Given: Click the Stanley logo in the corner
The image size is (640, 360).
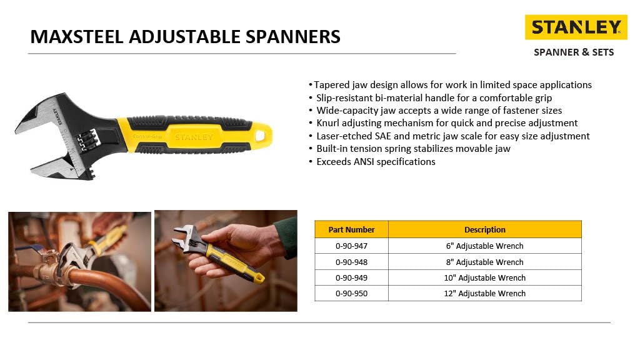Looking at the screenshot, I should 576,27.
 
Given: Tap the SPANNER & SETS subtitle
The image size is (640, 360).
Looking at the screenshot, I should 573,52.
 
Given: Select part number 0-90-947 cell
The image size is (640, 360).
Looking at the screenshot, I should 351,246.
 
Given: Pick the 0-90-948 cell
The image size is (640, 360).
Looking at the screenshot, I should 351,262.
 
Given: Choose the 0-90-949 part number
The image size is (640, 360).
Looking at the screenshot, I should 351,277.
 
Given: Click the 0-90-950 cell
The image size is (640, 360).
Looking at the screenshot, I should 351,293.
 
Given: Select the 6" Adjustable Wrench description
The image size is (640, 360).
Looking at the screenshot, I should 484,246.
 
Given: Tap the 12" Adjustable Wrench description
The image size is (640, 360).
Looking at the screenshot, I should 484,293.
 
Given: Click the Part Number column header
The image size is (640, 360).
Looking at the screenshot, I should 351,229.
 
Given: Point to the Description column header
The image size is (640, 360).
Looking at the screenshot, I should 484,229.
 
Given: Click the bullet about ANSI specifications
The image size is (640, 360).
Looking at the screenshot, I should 374,162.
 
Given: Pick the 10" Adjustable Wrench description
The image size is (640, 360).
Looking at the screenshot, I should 484,277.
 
